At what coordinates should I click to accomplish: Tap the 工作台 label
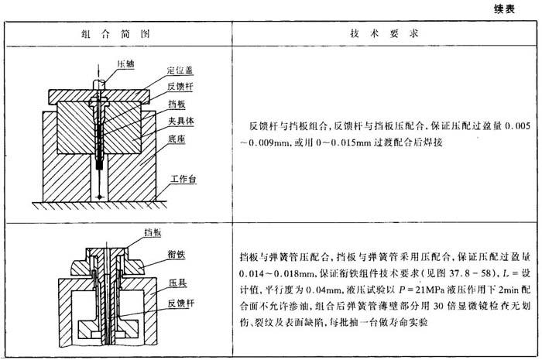click(183, 179)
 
